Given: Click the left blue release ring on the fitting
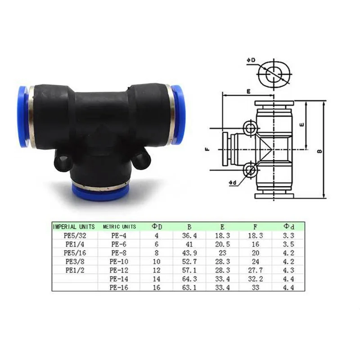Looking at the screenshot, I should pyautogui.click(x=23, y=116).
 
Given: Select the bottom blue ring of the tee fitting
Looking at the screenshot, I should pyautogui.click(x=100, y=192).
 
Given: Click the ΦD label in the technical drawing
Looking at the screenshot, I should pyautogui.click(x=251, y=60).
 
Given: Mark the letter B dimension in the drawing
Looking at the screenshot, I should pyautogui.click(x=319, y=151).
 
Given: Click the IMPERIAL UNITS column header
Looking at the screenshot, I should pyautogui.click(x=74, y=226).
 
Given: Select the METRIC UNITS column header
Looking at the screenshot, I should pyautogui.click(x=119, y=226).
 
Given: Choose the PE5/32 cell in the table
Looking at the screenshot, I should pyautogui.click(x=74, y=235).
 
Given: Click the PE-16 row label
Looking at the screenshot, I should pyautogui.click(x=119, y=287).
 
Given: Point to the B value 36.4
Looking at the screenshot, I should pyautogui.click(x=189, y=235).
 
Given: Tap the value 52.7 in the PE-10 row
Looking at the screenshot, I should pyautogui.click(x=189, y=261).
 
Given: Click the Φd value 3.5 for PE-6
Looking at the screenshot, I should pyautogui.click(x=288, y=243).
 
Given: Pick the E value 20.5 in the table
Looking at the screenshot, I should pyautogui.click(x=222, y=243).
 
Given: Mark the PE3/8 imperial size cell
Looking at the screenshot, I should pyautogui.click(x=74, y=261).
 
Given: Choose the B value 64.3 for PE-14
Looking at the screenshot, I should pyautogui.click(x=189, y=279).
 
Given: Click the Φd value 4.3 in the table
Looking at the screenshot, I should pyautogui.click(x=288, y=270).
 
